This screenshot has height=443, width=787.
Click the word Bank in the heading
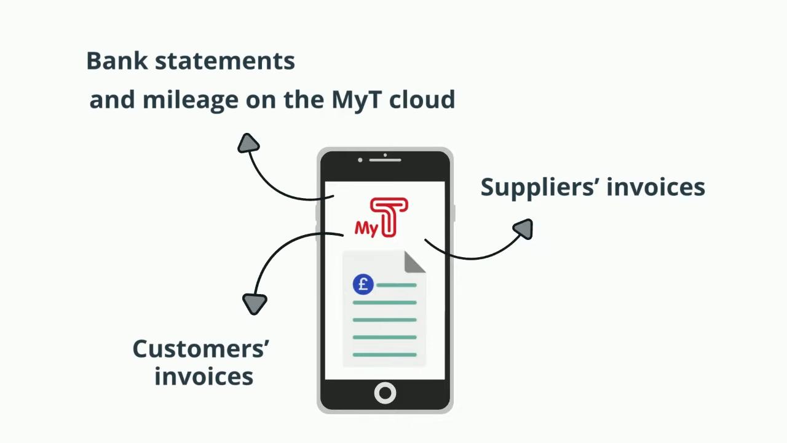pyautogui.click(x=117, y=61)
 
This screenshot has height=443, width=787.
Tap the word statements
pyautogui.click(x=225, y=62)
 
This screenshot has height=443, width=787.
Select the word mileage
pyautogui.click(x=191, y=100)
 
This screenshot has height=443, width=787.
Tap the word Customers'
pyautogui.click(x=200, y=349)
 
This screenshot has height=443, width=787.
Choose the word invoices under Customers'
pyautogui.click(x=204, y=376)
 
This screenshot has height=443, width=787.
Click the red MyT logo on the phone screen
pyautogui.click(x=382, y=217)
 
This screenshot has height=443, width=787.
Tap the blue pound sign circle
pyautogui.click(x=363, y=284)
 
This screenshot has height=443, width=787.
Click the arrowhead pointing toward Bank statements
pyautogui.click(x=248, y=143)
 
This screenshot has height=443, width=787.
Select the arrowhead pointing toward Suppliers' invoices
pyautogui.click(x=523, y=229)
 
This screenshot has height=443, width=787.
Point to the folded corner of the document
pyautogui.click(x=414, y=262)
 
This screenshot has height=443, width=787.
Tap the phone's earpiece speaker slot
pyautogui.click(x=385, y=160)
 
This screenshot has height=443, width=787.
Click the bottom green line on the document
pyautogui.click(x=385, y=355)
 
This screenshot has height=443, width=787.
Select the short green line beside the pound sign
pyautogui.click(x=397, y=285)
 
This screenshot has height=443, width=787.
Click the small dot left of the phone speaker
pyautogui.click(x=360, y=160)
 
